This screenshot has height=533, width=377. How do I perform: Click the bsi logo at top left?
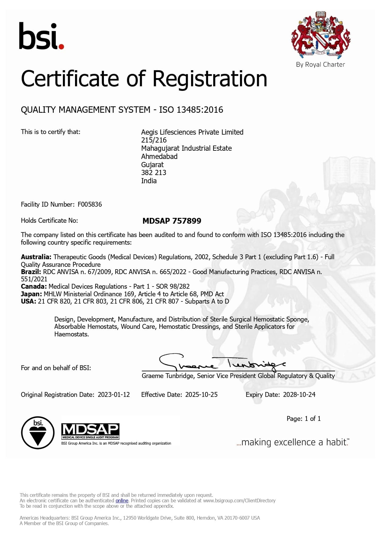coord(41,36)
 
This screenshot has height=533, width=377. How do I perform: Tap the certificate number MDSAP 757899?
coord(172,221)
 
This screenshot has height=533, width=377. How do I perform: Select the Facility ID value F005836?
coord(90,205)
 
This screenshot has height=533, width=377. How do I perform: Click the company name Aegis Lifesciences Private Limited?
coord(192,132)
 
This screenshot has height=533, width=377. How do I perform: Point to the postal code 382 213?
coord(154,173)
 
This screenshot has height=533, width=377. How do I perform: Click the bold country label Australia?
coord(36,257)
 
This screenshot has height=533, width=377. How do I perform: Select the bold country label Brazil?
coord(31,272)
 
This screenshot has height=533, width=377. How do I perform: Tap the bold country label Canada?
coord(33,287)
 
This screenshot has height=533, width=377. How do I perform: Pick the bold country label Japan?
coord(31,294)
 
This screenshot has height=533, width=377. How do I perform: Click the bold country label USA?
coord(28,301)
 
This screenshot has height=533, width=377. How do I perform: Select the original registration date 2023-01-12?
coord(114,395)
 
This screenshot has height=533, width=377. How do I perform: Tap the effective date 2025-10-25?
coord(201,395)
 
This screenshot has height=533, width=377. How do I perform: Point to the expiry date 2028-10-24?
coord(299,395)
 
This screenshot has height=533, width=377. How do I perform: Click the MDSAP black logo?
coord(90,431)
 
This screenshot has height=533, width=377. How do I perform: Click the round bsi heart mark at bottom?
coord(38,433)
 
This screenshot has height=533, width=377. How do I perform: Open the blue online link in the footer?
coord(122,500)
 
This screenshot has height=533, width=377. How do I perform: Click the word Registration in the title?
coord(210,79)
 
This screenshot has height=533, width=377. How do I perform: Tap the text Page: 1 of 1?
coord(303,419)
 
